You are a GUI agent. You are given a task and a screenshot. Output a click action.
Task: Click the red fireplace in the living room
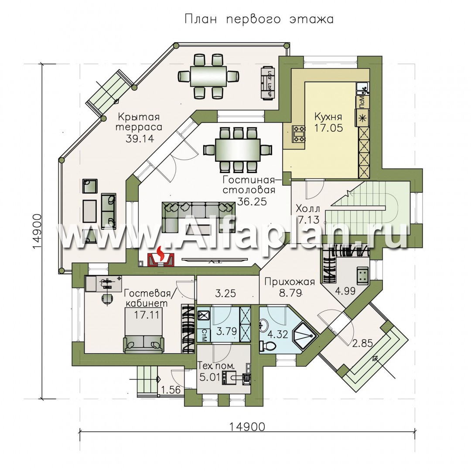[x=161, y=257]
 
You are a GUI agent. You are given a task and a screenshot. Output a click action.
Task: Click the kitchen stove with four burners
[x=299, y=133]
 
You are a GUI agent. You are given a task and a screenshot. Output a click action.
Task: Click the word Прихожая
[x=283, y=282]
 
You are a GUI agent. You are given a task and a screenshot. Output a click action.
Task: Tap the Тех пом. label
[x=212, y=365]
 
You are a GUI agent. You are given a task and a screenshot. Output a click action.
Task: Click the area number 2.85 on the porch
[x=362, y=342]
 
